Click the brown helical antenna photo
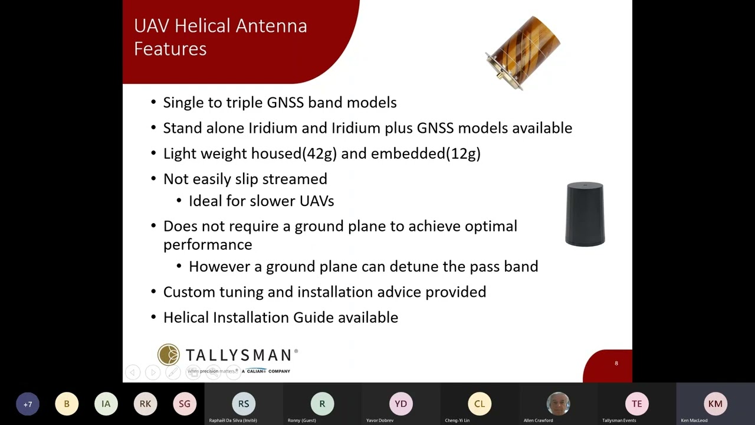(523, 52)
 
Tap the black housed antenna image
(585, 214)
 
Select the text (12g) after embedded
(463, 153)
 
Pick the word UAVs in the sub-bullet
(317, 201)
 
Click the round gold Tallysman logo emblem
(169, 355)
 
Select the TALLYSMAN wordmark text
(239, 355)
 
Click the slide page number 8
(616, 364)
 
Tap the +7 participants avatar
(28, 404)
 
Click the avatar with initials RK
(145, 404)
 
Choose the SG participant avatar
(185, 404)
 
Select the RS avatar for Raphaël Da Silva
(244, 404)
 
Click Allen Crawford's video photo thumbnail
(558, 404)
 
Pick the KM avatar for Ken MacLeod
(715, 404)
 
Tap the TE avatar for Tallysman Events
(636, 404)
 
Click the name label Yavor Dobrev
(380, 420)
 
